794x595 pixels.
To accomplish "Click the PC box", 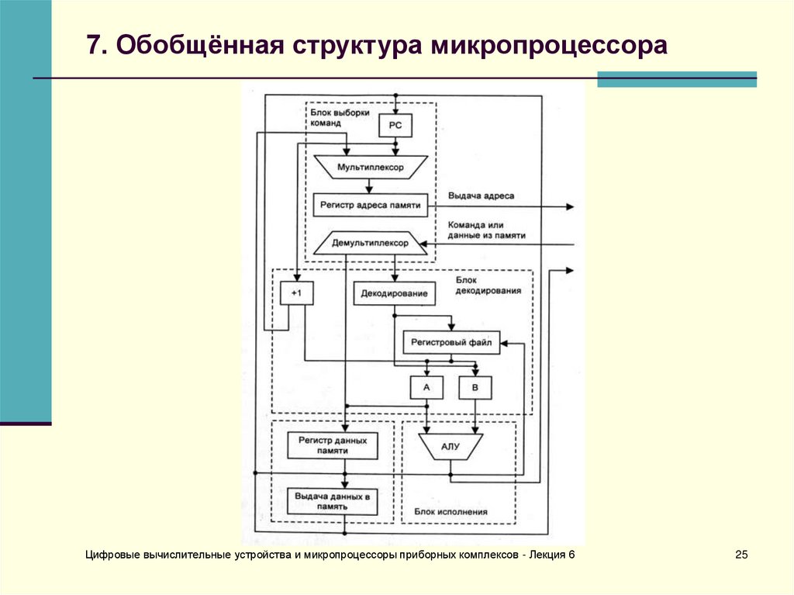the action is [395, 125].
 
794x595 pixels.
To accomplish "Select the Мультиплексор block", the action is [370, 168].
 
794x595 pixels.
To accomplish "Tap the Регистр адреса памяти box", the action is [370, 206].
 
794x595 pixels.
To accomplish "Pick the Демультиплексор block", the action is [370, 243].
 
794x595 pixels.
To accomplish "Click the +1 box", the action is [297, 293].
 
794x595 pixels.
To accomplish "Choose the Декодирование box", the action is [394, 293].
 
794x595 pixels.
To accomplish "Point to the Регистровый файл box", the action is [451, 343].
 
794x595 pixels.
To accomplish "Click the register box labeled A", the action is [426, 388].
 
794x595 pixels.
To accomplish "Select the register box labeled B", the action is [475, 388].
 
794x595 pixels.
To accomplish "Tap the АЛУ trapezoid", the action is [451, 447].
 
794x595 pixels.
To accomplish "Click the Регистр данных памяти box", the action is [333, 445].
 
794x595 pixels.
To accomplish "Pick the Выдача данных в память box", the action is [332, 501].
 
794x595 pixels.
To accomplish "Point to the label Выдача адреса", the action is [481, 196].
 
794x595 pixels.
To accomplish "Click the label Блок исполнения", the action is [451, 512].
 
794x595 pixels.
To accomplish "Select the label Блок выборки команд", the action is [340, 118].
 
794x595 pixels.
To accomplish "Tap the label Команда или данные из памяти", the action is [487, 230].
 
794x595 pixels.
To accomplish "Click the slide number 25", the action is [741, 555].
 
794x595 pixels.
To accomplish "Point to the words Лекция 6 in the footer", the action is [552, 555].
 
